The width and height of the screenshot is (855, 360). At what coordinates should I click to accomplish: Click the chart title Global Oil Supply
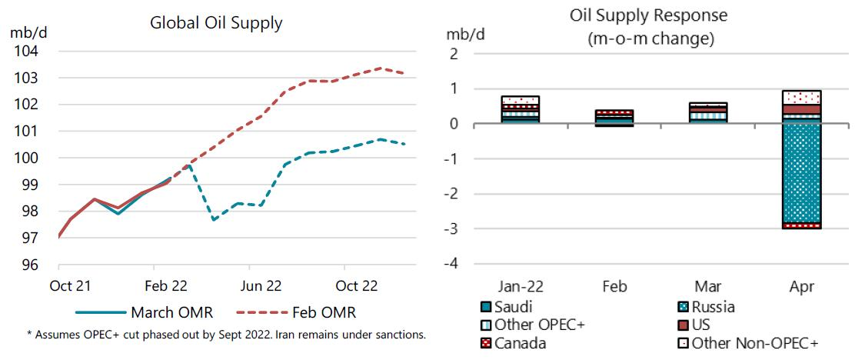[x=215, y=23]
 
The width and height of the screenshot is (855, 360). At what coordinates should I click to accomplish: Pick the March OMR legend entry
[x=144, y=313]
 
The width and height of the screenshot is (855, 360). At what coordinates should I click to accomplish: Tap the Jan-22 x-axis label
[x=520, y=286]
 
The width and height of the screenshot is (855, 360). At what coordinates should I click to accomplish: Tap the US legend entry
[x=700, y=325]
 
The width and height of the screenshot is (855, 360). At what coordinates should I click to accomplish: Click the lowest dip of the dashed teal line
[x=213, y=220]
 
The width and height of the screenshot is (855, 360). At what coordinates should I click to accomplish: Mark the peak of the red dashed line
[x=380, y=68]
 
